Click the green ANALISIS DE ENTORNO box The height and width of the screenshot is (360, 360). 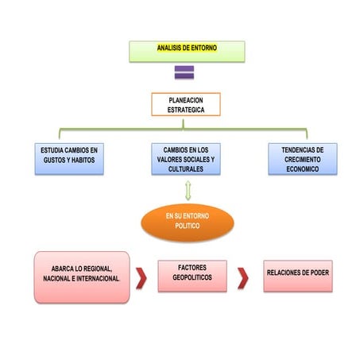click(187, 52)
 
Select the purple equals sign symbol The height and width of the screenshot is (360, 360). click(184, 72)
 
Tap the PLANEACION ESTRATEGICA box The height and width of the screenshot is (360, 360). click(186, 104)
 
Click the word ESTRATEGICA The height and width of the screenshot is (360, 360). click(186, 110)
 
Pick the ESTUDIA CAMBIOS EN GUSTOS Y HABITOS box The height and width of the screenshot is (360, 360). click(69, 159)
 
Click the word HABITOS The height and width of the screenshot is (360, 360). click(83, 160)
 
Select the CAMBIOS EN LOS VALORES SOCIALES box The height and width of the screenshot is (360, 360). click(186, 159)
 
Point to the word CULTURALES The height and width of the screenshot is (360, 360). click(186, 169)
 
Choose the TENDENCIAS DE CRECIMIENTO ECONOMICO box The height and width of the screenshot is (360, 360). click(303, 159)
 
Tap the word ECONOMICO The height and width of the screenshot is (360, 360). click(303, 169)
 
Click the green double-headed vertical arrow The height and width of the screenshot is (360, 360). click(188, 191)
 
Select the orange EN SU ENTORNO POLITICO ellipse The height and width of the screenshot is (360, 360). click(188, 223)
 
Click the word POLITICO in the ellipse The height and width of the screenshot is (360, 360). click(188, 226)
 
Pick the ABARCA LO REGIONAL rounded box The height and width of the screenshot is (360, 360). click(82, 277)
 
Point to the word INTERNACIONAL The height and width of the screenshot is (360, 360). click(98, 278)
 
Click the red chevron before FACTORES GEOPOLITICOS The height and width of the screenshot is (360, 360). click(141, 278)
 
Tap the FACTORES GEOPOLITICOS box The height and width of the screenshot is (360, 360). click(192, 276)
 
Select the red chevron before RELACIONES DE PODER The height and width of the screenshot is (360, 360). click(243, 278)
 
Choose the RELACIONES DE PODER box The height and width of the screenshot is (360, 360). click(298, 276)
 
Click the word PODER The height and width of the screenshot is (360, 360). click(319, 273)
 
